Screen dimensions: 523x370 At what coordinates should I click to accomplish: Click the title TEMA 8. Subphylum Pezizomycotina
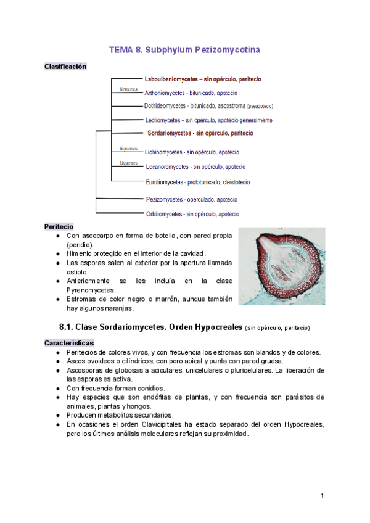click(184, 49)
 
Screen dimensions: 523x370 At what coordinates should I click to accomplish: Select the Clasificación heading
click(65, 67)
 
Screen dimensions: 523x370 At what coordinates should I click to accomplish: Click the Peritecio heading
click(59, 226)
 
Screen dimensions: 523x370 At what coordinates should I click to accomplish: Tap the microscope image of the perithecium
click(282, 266)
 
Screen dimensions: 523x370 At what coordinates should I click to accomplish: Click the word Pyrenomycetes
click(91, 290)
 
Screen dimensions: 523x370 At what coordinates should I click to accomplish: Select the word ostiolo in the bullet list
click(78, 272)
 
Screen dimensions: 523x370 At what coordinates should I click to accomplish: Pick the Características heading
click(69, 342)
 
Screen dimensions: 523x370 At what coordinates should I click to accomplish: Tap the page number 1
click(322, 496)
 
